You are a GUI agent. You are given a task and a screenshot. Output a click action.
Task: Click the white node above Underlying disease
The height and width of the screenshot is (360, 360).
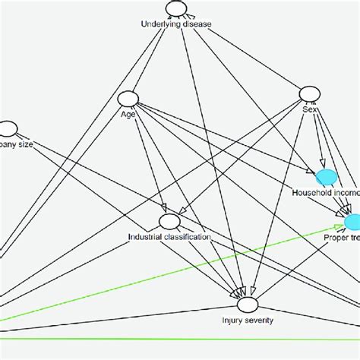click(176, 9)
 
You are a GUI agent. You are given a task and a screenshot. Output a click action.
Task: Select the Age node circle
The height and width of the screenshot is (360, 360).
click(128, 99)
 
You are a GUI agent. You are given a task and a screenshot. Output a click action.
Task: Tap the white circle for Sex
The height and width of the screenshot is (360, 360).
click(308, 93)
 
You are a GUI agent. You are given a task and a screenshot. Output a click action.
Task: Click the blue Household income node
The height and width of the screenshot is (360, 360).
click(327, 177)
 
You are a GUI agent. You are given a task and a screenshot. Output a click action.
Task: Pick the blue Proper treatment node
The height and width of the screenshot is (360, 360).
click(353, 221)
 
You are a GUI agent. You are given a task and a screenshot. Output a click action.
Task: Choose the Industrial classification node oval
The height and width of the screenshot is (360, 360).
click(169, 221)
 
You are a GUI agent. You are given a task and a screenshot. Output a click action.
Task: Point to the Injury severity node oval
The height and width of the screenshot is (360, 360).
click(248, 305)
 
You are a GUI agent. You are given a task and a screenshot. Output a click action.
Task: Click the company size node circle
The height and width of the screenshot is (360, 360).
click(8, 128)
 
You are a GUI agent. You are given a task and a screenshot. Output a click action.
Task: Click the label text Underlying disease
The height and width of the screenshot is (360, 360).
click(176, 24)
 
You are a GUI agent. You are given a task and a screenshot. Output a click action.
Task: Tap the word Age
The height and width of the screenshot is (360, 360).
click(128, 115)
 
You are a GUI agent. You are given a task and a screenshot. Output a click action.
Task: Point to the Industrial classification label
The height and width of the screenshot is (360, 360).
click(169, 237)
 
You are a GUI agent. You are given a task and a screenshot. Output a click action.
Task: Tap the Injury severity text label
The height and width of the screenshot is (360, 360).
click(248, 321)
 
